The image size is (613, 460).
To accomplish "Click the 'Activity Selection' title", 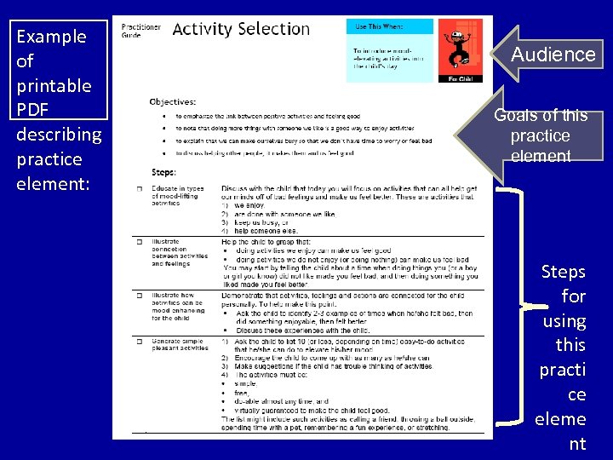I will click(x=241, y=29).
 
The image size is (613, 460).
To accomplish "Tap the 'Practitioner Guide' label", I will click(x=140, y=30).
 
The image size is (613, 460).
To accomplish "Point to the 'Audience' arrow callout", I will click(x=552, y=55).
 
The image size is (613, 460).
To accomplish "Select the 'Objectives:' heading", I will click(x=172, y=102).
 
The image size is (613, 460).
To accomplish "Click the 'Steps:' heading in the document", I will click(x=163, y=172).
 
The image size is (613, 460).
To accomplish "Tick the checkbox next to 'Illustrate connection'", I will click(x=139, y=242).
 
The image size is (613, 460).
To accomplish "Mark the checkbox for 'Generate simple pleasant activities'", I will click(x=139, y=342).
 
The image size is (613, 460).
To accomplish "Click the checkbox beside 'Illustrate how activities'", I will click(x=139, y=296).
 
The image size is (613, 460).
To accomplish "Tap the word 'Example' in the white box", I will click(x=51, y=37).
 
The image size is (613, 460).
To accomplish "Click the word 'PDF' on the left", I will click(x=32, y=110).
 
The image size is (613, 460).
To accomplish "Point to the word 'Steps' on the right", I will click(x=564, y=273).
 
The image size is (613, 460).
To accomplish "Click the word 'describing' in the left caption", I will click(x=59, y=135).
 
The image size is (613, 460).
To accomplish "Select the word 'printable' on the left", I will click(x=54, y=86).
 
